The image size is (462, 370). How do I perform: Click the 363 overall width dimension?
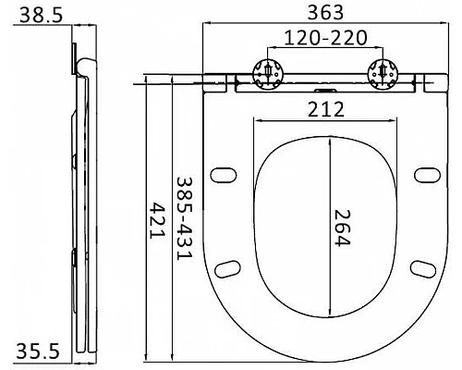[325, 12]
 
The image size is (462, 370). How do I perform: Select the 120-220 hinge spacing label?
[325, 38]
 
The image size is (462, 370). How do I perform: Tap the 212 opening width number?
[326, 109]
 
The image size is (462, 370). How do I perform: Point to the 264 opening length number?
[342, 228]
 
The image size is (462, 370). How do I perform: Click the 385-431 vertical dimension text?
[184, 218]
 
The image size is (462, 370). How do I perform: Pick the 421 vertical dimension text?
[157, 220]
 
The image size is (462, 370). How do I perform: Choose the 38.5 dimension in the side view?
[41, 15]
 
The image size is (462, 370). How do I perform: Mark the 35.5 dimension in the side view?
[38, 351]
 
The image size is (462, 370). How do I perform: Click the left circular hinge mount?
[268, 73]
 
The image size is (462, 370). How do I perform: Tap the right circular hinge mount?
[383, 73]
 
